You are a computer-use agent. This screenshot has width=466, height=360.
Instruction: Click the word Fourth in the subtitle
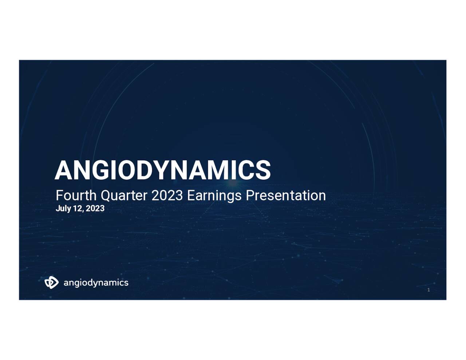click(76, 195)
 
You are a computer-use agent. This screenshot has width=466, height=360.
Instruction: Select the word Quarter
click(124, 195)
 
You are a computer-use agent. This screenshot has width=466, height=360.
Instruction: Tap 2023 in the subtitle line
click(167, 195)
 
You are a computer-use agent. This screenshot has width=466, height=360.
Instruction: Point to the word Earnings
click(214, 196)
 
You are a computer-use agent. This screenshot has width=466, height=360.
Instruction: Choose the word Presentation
click(286, 195)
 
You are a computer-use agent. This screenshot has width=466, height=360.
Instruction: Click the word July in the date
click(63, 209)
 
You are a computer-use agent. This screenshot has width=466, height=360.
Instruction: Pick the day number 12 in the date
click(78, 209)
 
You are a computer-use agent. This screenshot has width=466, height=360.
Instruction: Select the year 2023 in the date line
click(95, 209)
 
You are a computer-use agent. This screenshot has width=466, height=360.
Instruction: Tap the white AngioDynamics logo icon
click(51, 282)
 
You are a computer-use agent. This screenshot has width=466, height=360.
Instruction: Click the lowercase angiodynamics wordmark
click(96, 283)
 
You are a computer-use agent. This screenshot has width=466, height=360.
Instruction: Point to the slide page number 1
click(429, 290)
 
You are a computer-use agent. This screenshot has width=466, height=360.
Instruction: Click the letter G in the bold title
click(99, 170)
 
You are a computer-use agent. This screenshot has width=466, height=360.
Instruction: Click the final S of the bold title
click(263, 170)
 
